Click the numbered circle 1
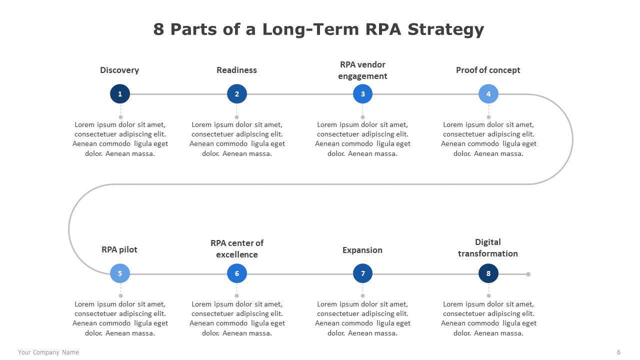120,93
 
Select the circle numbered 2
237,93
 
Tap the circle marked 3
362,93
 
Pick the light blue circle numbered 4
488,93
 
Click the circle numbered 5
120,273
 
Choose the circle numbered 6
237,273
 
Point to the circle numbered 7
362,273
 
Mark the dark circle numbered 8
488,273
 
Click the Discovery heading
119,70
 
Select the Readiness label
236,70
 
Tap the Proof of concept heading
488,70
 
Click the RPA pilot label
119,249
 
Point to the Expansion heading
362,250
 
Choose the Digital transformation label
488,247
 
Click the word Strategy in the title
445,29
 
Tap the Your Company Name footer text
48,352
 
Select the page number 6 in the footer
619,352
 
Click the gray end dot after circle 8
528,274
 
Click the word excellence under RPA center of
237,254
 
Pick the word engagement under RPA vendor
362,76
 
